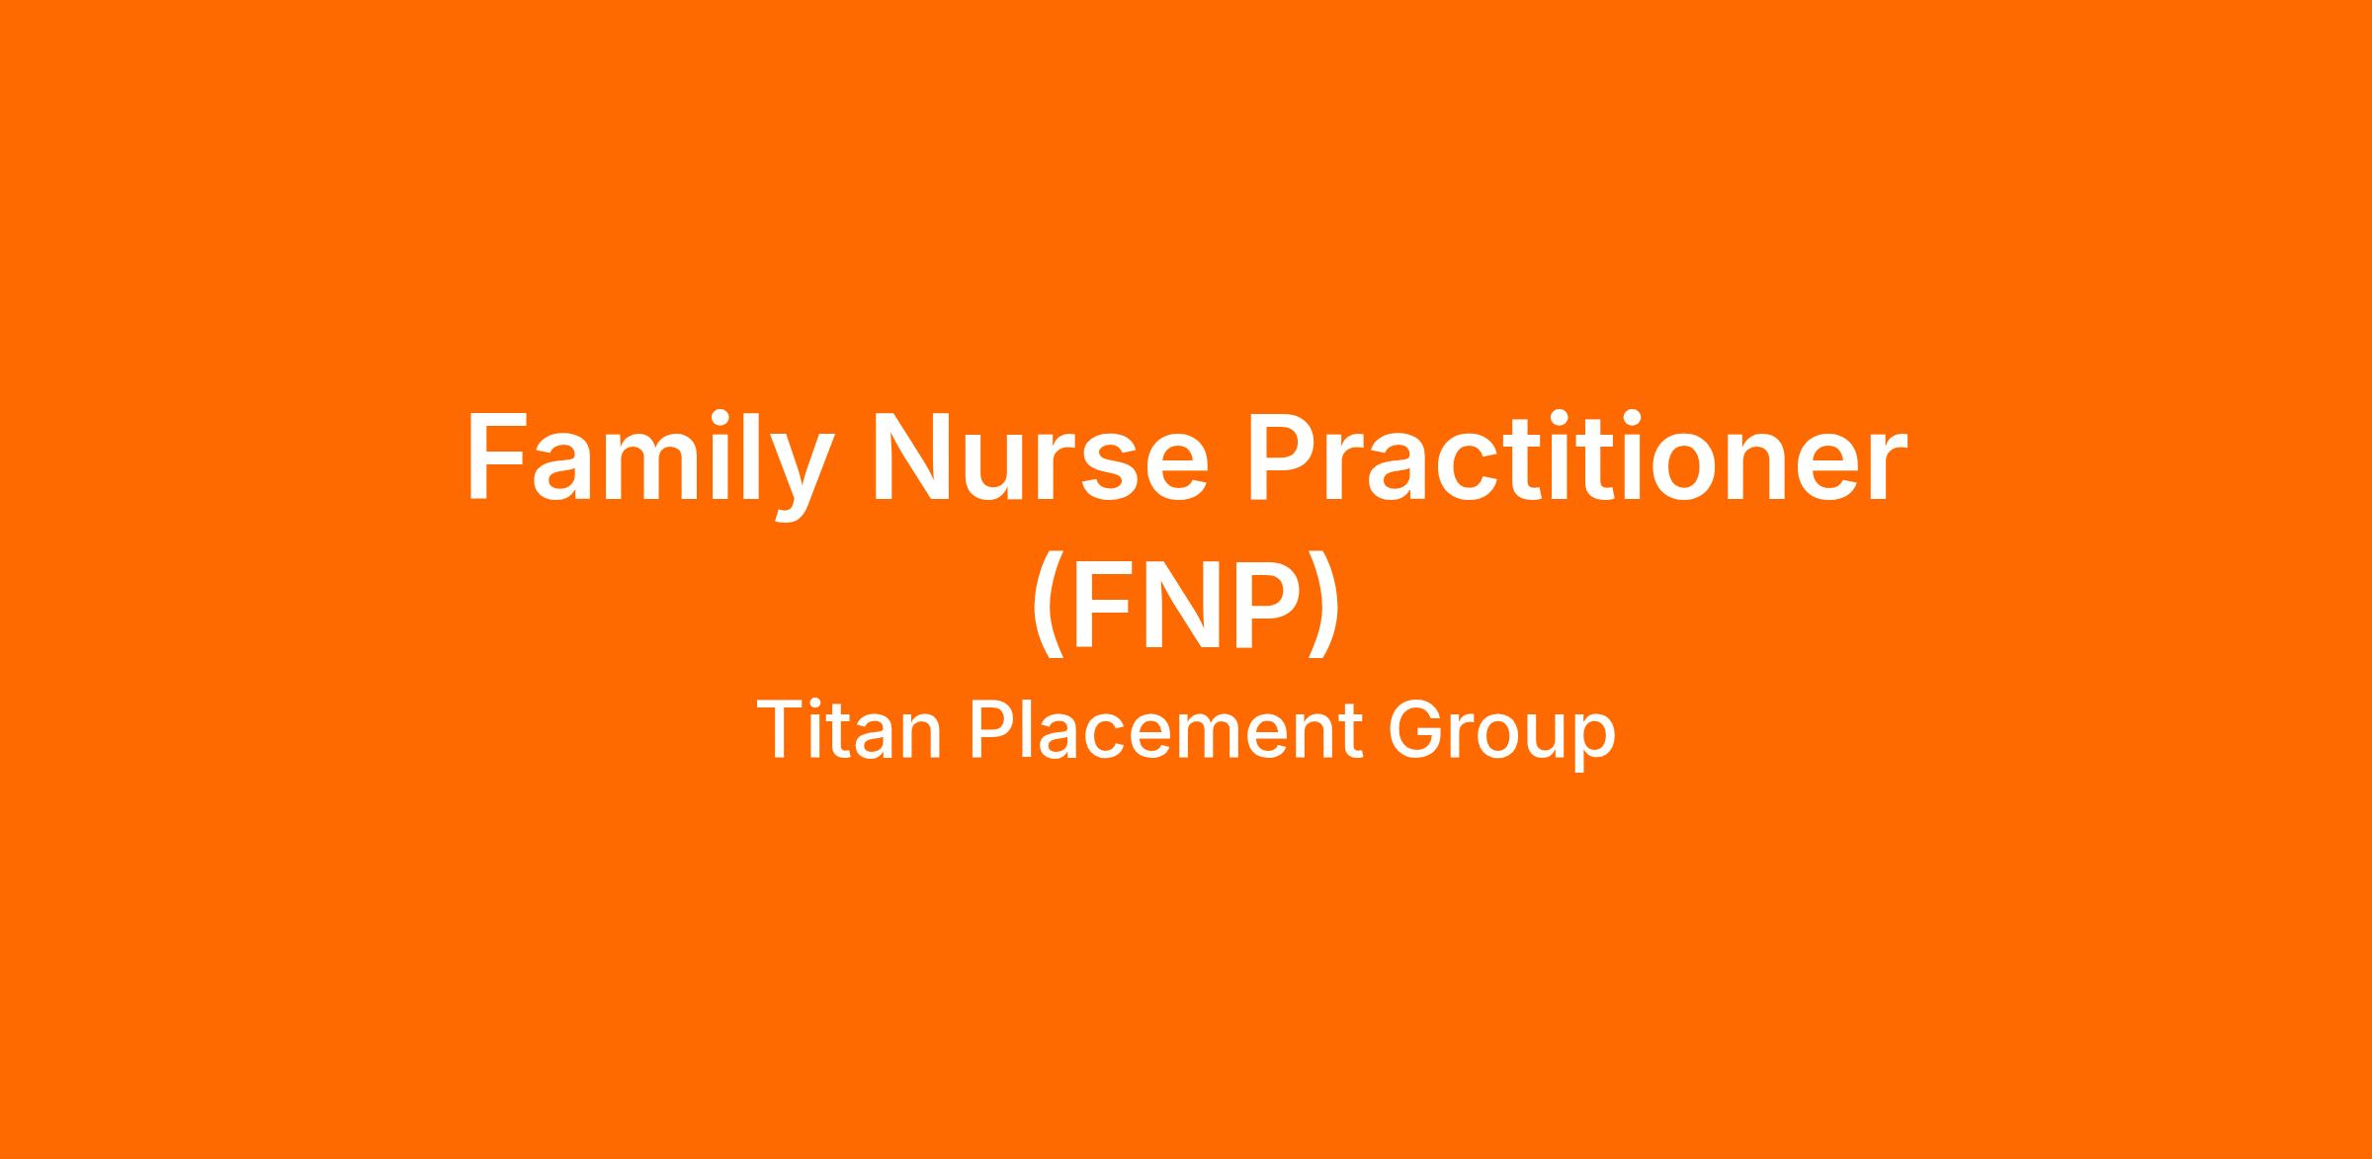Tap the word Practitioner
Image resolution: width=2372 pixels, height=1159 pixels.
pyautogui.click(x=1575, y=456)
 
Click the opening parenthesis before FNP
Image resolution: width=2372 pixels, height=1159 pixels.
pyautogui.click(x=1048, y=605)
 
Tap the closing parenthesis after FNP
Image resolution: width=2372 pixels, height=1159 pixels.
pyautogui.click(x=1324, y=605)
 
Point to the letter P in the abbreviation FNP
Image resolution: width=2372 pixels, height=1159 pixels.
pyautogui.click(x=1266, y=604)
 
